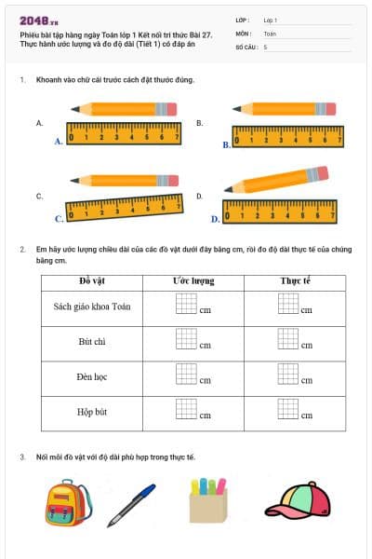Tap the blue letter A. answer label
(x=59, y=142)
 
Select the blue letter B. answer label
(x=226, y=145)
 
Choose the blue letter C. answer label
(x=59, y=219)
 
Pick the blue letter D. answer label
(x=215, y=220)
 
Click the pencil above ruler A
(x=123, y=109)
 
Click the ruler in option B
(x=287, y=138)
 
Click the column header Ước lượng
(x=193, y=280)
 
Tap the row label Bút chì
(x=92, y=342)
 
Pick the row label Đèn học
(x=92, y=377)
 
